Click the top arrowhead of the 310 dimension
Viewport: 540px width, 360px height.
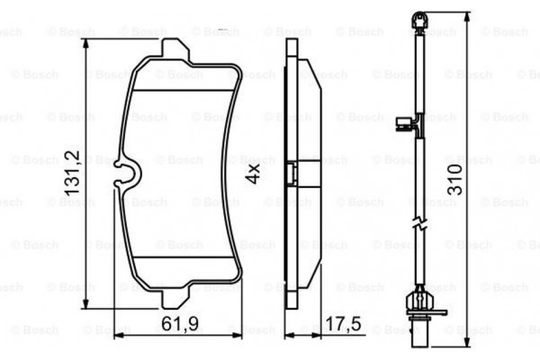(x=468, y=13)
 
